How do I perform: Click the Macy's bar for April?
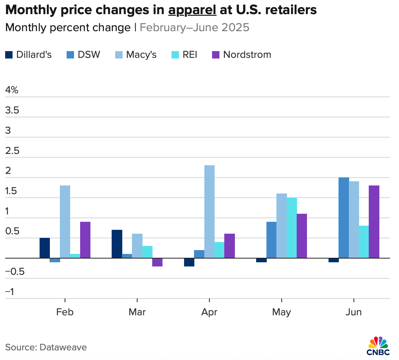[x=209, y=212]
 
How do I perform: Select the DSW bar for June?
[x=344, y=218]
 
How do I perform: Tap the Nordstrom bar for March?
[x=157, y=262]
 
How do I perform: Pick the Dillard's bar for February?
[x=45, y=248]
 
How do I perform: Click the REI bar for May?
[x=292, y=228]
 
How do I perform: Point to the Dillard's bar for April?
[x=189, y=262]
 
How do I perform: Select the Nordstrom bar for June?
[x=374, y=222]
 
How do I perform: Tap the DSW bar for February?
[x=55, y=260]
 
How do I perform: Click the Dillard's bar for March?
[x=117, y=244]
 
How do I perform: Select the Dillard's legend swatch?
[x=9, y=55]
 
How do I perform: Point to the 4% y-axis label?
[x=12, y=90]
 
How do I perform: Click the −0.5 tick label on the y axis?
[x=15, y=272]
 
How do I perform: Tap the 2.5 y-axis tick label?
[x=13, y=151]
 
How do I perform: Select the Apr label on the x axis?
[x=209, y=312]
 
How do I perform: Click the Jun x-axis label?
[x=354, y=312]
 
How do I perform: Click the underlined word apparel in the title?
[x=192, y=10]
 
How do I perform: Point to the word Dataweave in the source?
[x=63, y=347]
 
